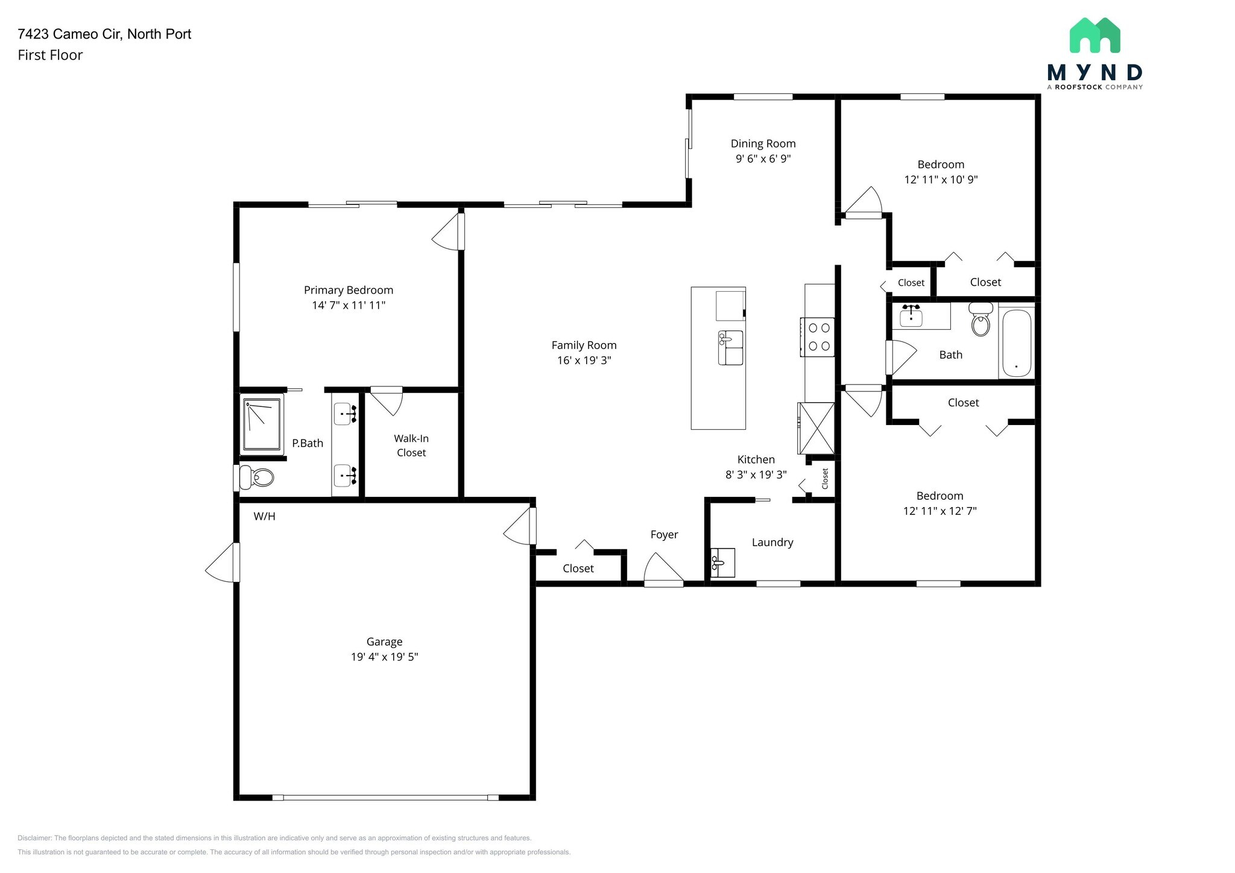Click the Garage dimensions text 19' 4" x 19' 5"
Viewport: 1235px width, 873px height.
click(384, 657)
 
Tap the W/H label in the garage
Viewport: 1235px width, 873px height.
click(264, 516)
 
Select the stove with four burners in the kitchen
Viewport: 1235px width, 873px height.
click(818, 337)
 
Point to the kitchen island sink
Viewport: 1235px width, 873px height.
click(730, 348)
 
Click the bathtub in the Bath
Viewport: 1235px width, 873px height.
click(1017, 343)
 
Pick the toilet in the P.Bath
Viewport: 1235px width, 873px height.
click(257, 477)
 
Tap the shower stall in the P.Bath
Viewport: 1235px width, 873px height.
click(262, 424)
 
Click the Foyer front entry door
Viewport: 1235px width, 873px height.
click(663, 570)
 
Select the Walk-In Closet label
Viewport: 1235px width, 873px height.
click(411, 446)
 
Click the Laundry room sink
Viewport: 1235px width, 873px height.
click(722, 563)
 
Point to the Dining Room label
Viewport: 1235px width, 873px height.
click(763, 143)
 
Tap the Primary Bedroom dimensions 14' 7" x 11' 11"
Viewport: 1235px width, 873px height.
click(349, 305)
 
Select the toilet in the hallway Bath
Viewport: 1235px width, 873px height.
click(981, 321)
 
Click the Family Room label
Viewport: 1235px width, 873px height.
click(584, 345)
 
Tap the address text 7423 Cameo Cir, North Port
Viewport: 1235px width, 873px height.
click(104, 34)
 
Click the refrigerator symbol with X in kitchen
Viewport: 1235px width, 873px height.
click(816, 428)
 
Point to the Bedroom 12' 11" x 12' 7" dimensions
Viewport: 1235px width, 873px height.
click(940, 511)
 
